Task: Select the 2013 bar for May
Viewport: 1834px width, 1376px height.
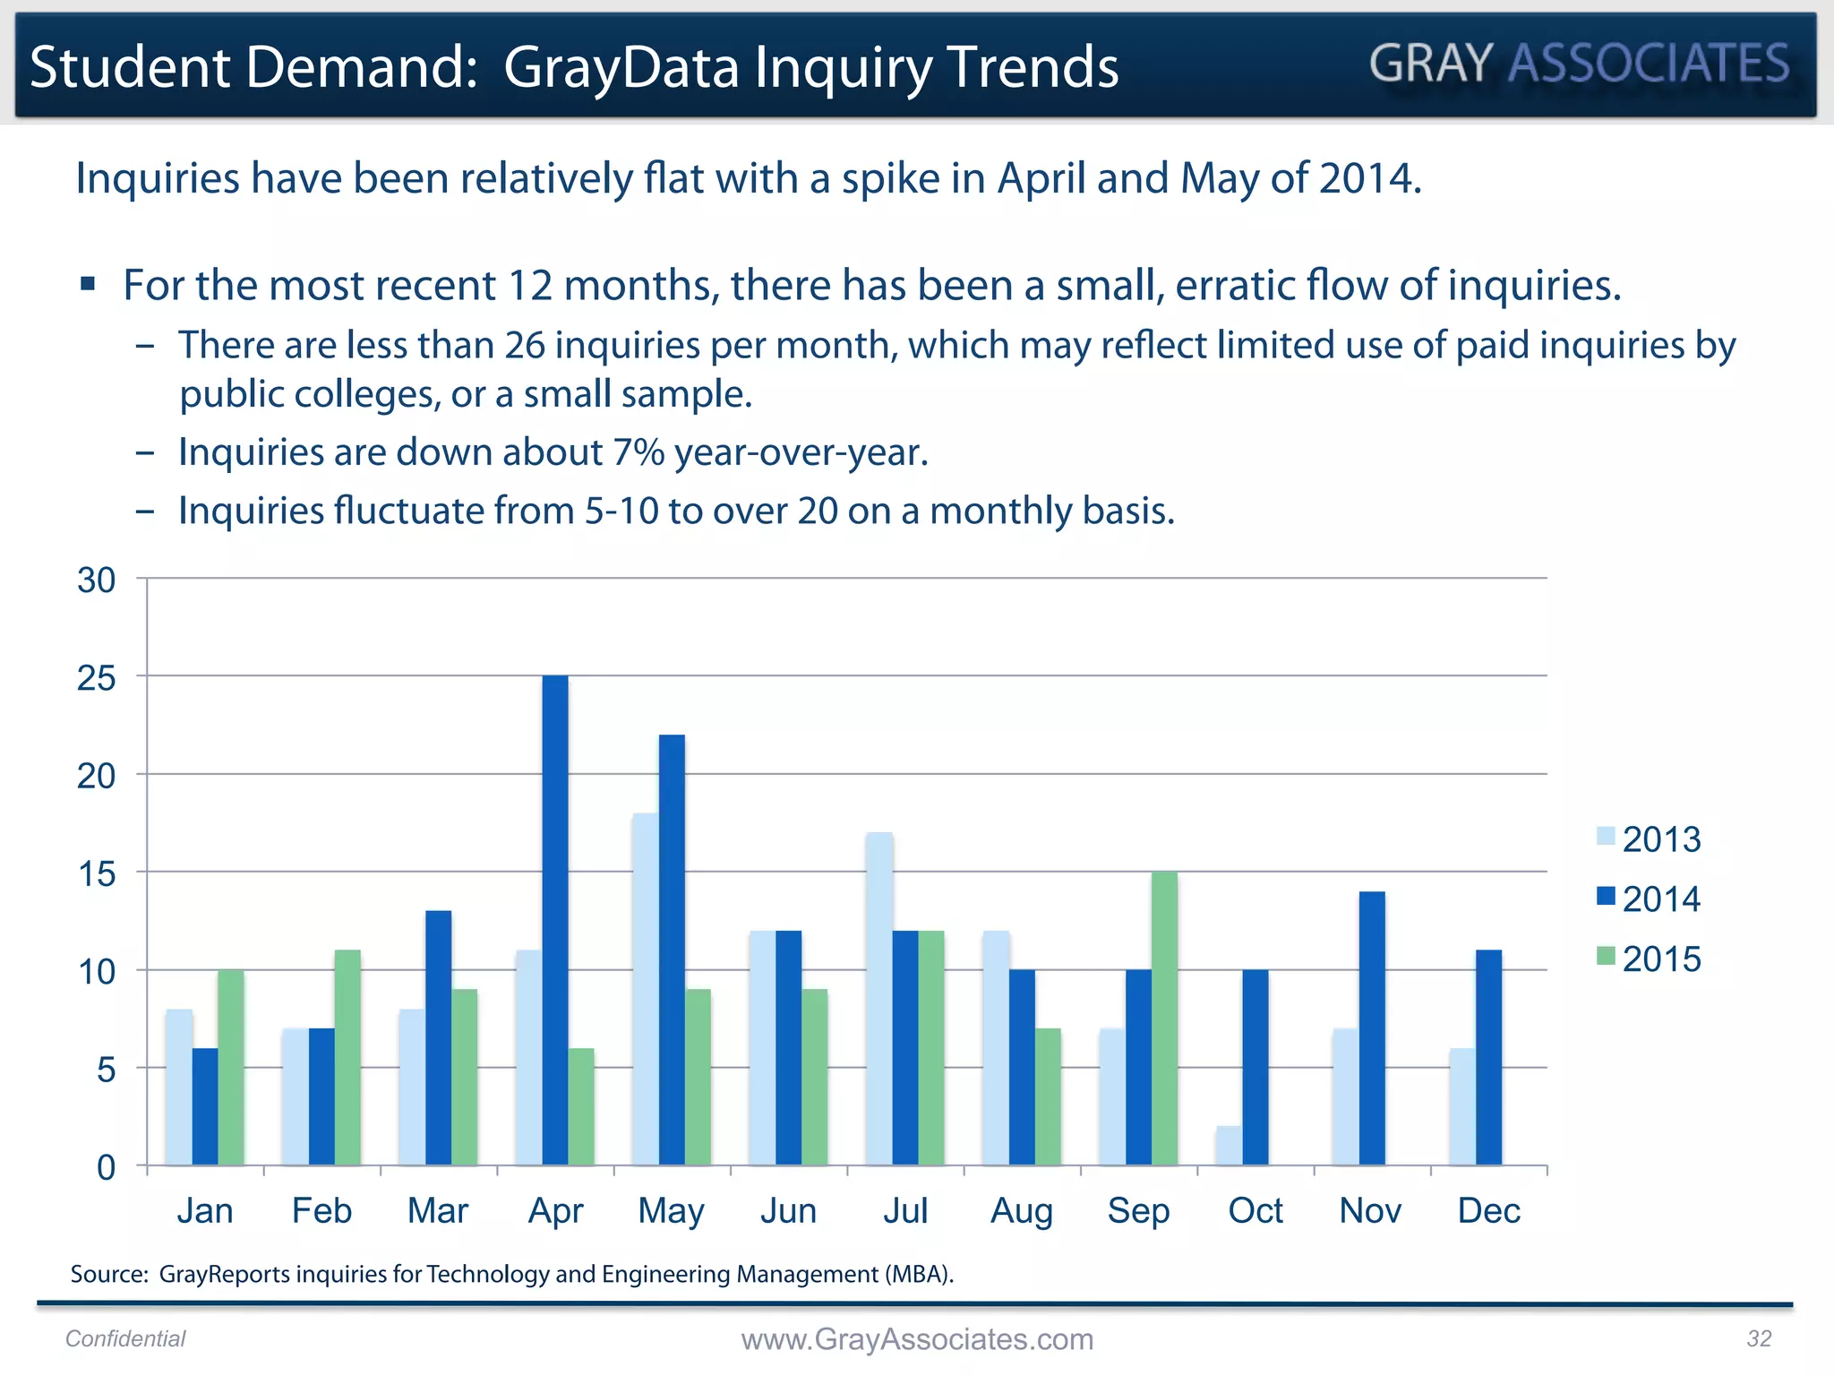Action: [645, 989]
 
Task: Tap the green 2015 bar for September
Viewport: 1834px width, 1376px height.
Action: [1164, 1019]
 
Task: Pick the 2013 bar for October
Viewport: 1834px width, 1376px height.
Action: [1229, 1146]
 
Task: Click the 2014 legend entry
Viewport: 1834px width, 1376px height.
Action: [1650, 899]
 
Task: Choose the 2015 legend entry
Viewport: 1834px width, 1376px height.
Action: [1650, 959]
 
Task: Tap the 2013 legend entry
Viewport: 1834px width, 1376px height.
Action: [1650, 839]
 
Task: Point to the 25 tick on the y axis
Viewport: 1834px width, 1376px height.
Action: [97, 678]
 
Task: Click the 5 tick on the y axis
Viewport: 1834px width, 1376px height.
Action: [106, 1070]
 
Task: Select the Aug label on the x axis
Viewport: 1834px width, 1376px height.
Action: [1021, 1211]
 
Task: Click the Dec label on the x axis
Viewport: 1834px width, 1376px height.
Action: [1488, 1211]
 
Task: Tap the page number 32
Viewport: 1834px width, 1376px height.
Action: [1759, 1338]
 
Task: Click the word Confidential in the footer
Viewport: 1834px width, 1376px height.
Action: [125, 1338]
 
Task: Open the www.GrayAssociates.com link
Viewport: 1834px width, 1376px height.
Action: [917, 1339]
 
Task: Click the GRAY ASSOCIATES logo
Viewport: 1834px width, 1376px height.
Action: [1579, 64]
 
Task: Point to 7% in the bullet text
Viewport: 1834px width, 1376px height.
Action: [638, 452]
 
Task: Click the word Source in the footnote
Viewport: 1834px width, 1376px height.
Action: [108, 1274]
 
